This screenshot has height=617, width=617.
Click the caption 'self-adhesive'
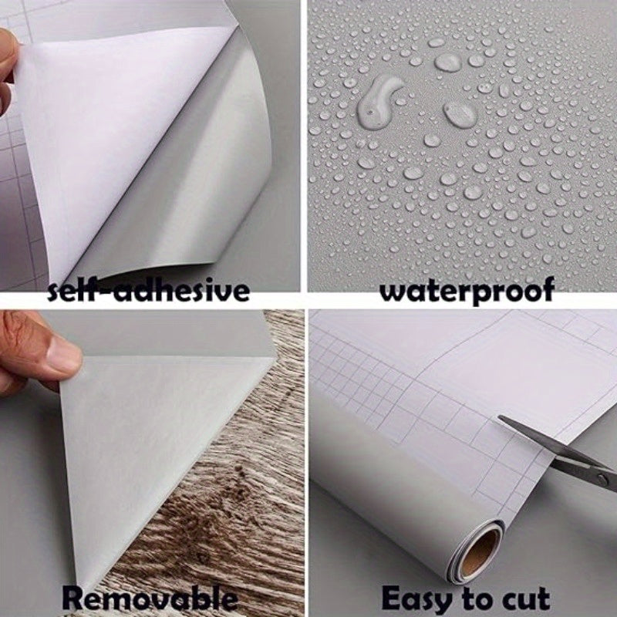click(x=149, y=291)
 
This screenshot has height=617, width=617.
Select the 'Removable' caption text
click(x=150, y=598)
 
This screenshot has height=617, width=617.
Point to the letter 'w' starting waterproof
click(x=395, y=292)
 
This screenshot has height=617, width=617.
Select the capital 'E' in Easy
click(x=392, y=598)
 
